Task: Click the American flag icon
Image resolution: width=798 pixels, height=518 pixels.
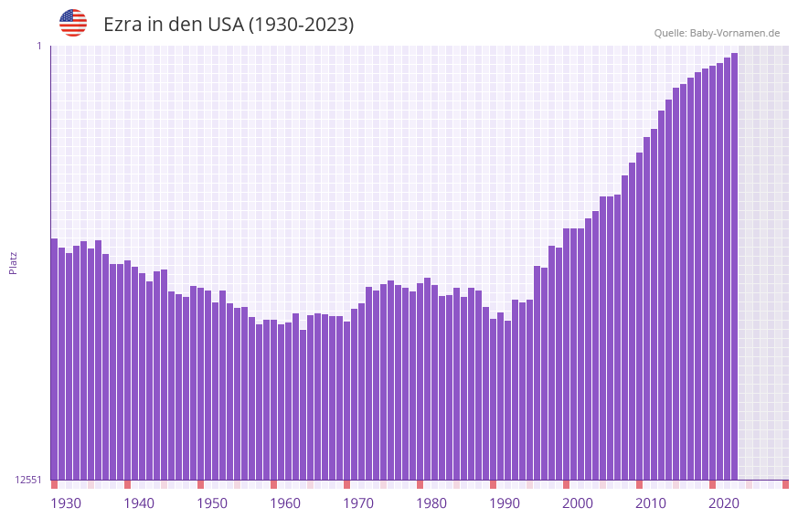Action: tap(73, 23)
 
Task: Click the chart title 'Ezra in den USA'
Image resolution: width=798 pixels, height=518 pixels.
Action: tap(229, 25)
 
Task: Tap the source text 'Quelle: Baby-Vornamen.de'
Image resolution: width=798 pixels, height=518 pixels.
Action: tap(717, 33)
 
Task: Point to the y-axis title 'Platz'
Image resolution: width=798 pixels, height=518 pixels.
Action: tap(13, 262)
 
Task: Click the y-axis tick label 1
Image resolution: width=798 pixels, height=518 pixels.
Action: tap(39, 46)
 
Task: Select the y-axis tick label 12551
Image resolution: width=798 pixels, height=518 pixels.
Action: tap(28, 480)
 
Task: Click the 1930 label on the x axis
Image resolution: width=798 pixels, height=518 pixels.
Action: tap(66, 503)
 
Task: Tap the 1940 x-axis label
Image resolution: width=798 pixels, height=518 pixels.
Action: tap(139, 503)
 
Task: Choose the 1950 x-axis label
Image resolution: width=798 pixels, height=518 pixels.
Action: tap(212, 503)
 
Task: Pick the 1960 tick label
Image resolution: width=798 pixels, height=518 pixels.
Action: tap(285, 503)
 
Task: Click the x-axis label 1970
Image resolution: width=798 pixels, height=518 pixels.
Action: tap(358, 503)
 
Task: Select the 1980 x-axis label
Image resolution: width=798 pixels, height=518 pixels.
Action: tap(431, 503)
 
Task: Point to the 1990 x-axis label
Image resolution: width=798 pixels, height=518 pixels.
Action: tap(505, 503)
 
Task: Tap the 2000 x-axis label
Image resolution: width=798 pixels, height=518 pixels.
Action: tap(578, 503)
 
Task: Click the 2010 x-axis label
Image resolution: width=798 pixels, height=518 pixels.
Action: tap(651, 503)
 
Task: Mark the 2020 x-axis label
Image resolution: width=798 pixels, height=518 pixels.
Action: tap(724, 503)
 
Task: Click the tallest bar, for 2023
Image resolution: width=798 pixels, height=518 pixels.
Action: tap(734, 265)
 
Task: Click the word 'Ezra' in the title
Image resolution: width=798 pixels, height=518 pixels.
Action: tap(123, 25)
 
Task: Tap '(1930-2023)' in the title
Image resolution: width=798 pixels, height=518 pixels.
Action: tap(301, 25)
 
